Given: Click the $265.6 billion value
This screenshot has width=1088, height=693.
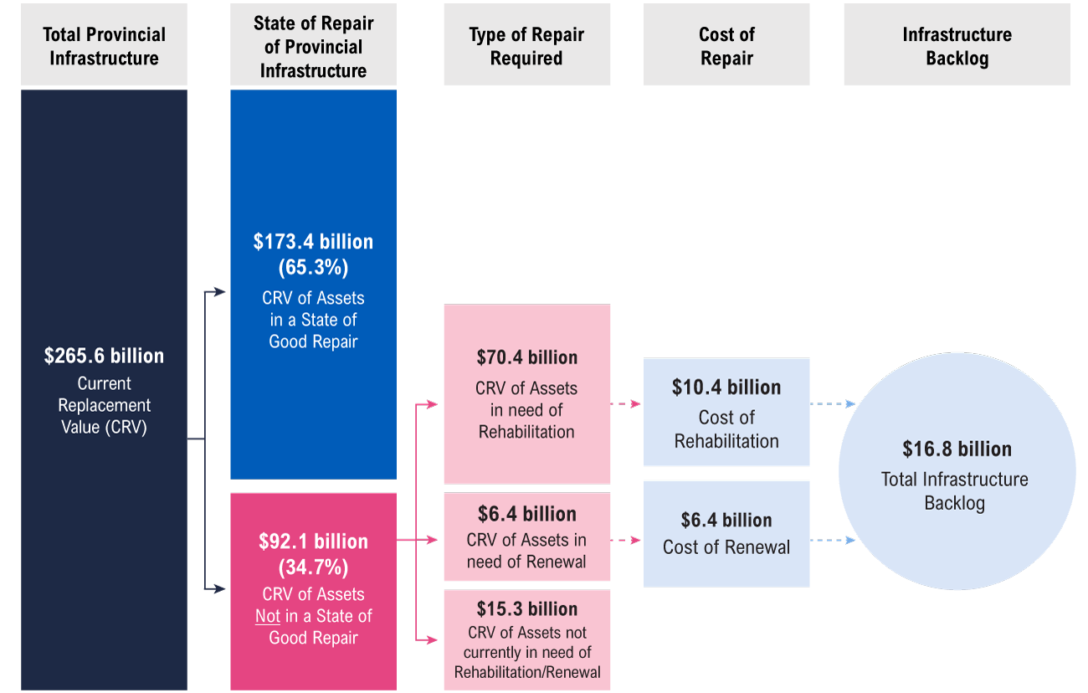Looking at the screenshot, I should pos(104,356).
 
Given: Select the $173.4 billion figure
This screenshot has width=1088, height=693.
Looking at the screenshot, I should pos(313,242).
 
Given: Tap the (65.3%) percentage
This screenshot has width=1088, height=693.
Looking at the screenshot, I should pos(313,268).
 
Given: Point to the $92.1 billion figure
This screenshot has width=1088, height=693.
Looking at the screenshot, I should pos(313,542).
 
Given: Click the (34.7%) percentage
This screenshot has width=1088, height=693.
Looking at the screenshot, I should pos(313,567).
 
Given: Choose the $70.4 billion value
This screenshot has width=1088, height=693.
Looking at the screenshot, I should pos(526,357).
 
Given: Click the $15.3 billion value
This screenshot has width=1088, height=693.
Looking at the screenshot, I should pos(526,608).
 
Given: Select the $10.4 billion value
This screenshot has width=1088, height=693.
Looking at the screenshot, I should pos(726,388).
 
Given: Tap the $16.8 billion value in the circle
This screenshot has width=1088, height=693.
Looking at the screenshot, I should pos(957,449).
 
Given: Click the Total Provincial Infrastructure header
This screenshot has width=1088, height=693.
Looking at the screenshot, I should pos(104,46).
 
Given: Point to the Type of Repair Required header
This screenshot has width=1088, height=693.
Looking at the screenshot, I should pos(526,46).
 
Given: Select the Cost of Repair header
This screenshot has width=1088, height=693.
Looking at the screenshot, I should pos(726,46).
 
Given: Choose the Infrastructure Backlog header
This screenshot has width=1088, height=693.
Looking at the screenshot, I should pos(957,46).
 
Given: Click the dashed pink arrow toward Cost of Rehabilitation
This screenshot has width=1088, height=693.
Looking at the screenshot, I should pos(626,403).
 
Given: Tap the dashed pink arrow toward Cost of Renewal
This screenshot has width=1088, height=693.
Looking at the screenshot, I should pos(626,541).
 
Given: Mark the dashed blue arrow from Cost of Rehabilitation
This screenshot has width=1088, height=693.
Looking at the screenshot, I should pos(832,403).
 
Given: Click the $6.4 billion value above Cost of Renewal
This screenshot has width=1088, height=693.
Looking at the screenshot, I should pos(726,521).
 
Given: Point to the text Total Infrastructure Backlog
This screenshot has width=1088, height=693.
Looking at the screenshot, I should pos(955,491).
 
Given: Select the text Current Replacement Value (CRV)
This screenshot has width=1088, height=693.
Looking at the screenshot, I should pos(104,406).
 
